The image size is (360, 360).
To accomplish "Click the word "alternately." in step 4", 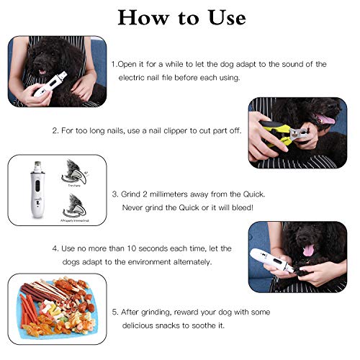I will pos(189,261).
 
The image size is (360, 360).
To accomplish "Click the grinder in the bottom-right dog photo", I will pos(276,263).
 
